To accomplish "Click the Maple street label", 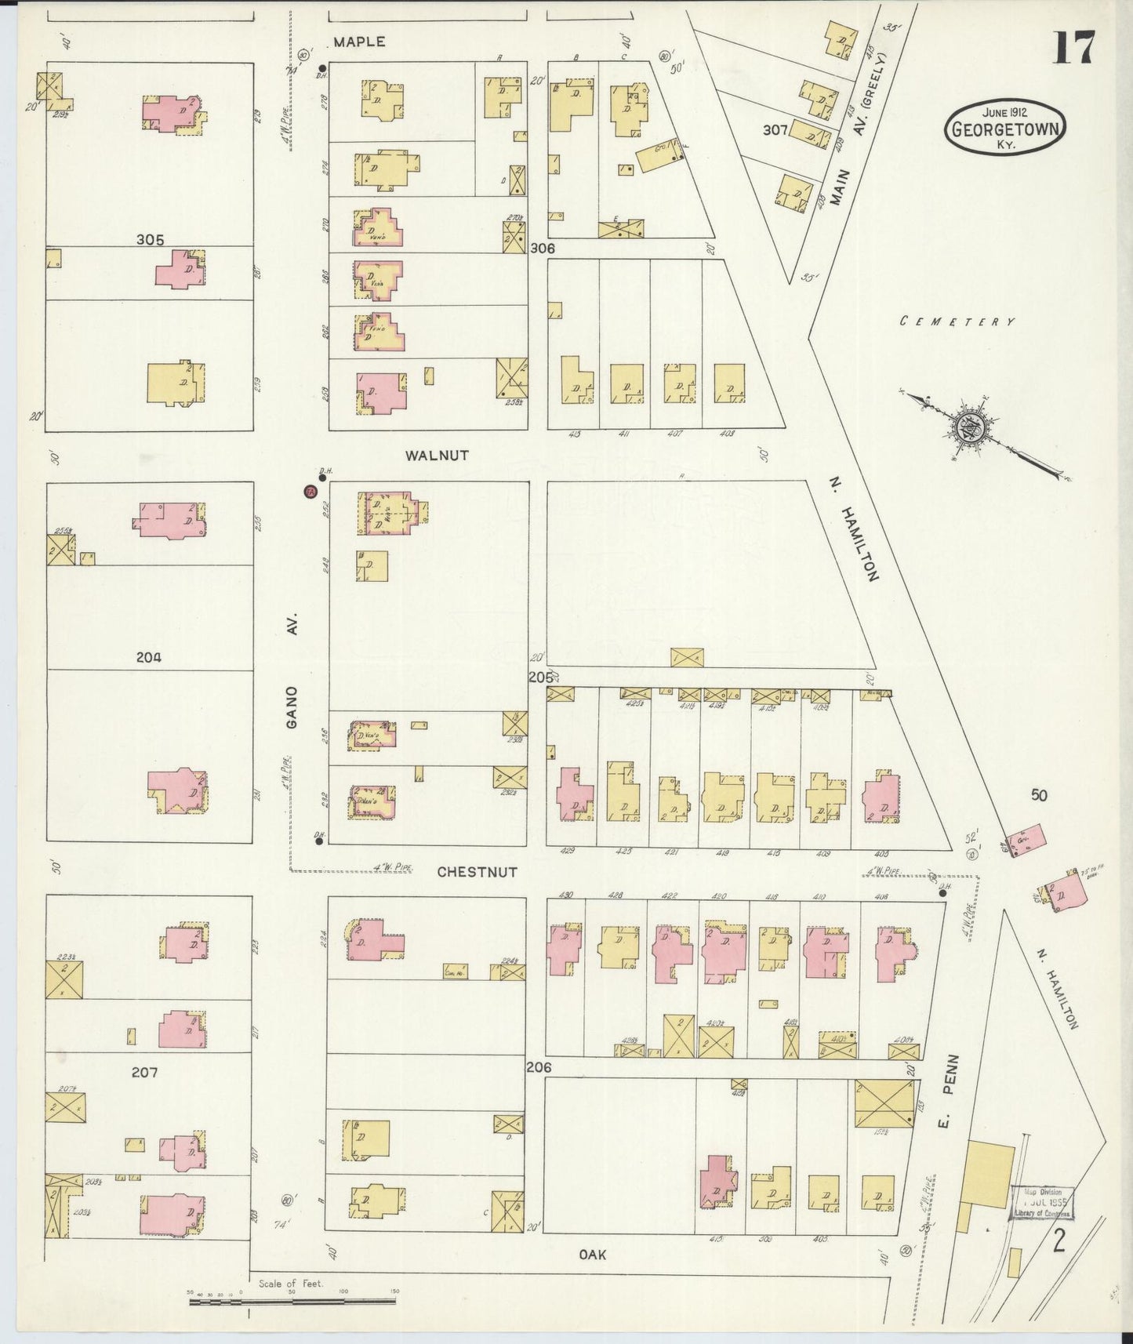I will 359,42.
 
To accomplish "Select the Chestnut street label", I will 477,871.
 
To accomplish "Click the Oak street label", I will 592,1255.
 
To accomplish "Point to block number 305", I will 150,240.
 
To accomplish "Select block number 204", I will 148,658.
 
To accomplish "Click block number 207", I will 144,1072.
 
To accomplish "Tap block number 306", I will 542,248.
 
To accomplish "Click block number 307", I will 775,130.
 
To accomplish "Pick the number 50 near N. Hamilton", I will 1038,795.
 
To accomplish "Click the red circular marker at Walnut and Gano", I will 310,492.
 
